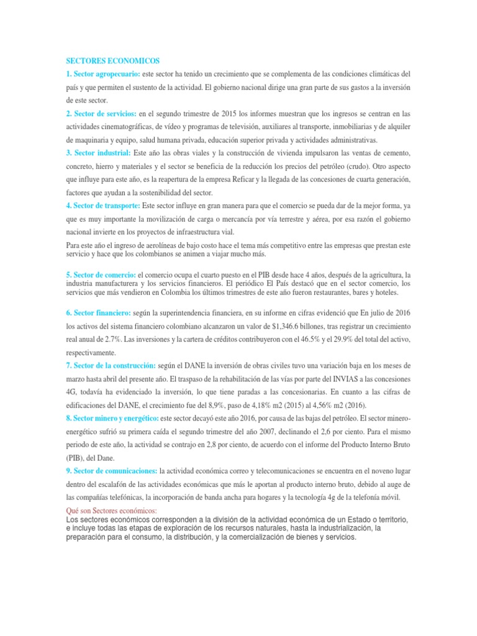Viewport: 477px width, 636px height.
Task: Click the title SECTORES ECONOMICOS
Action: pos(113,61)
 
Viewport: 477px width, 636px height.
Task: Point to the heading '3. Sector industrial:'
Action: pos(99,153)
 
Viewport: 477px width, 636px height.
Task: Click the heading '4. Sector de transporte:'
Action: pos(103,205)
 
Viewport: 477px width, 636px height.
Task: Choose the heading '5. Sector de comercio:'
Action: pos(101,274)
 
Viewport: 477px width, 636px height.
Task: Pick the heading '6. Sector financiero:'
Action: pos(99,313)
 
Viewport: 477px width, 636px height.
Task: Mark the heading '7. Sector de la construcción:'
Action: pos(111,365)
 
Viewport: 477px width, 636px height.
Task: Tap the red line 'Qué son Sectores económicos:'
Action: pos(112,510)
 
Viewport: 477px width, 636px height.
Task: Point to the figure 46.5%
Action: pos(317,339)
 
